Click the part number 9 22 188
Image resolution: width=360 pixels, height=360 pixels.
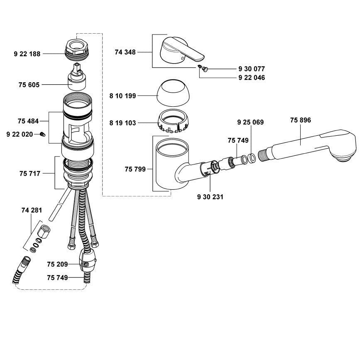coord(27,54)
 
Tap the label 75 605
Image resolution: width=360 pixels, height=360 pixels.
coord(29,84)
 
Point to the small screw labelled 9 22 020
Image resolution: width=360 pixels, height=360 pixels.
coord(42,134)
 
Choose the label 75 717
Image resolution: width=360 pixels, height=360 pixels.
coord(29,173)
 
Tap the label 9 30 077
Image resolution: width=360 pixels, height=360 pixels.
coord(252,69)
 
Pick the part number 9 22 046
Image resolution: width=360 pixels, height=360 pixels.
coord(252,78)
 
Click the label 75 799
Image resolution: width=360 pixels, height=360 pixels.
coord(135,169)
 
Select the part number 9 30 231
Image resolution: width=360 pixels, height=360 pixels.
coord(210,197)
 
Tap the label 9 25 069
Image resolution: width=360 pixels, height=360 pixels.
coord(250,122)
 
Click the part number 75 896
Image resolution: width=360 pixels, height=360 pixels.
coord(301,120)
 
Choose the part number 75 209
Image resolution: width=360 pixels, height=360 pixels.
coord(57,264)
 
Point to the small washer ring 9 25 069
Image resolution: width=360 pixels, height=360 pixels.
coord(252,158)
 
